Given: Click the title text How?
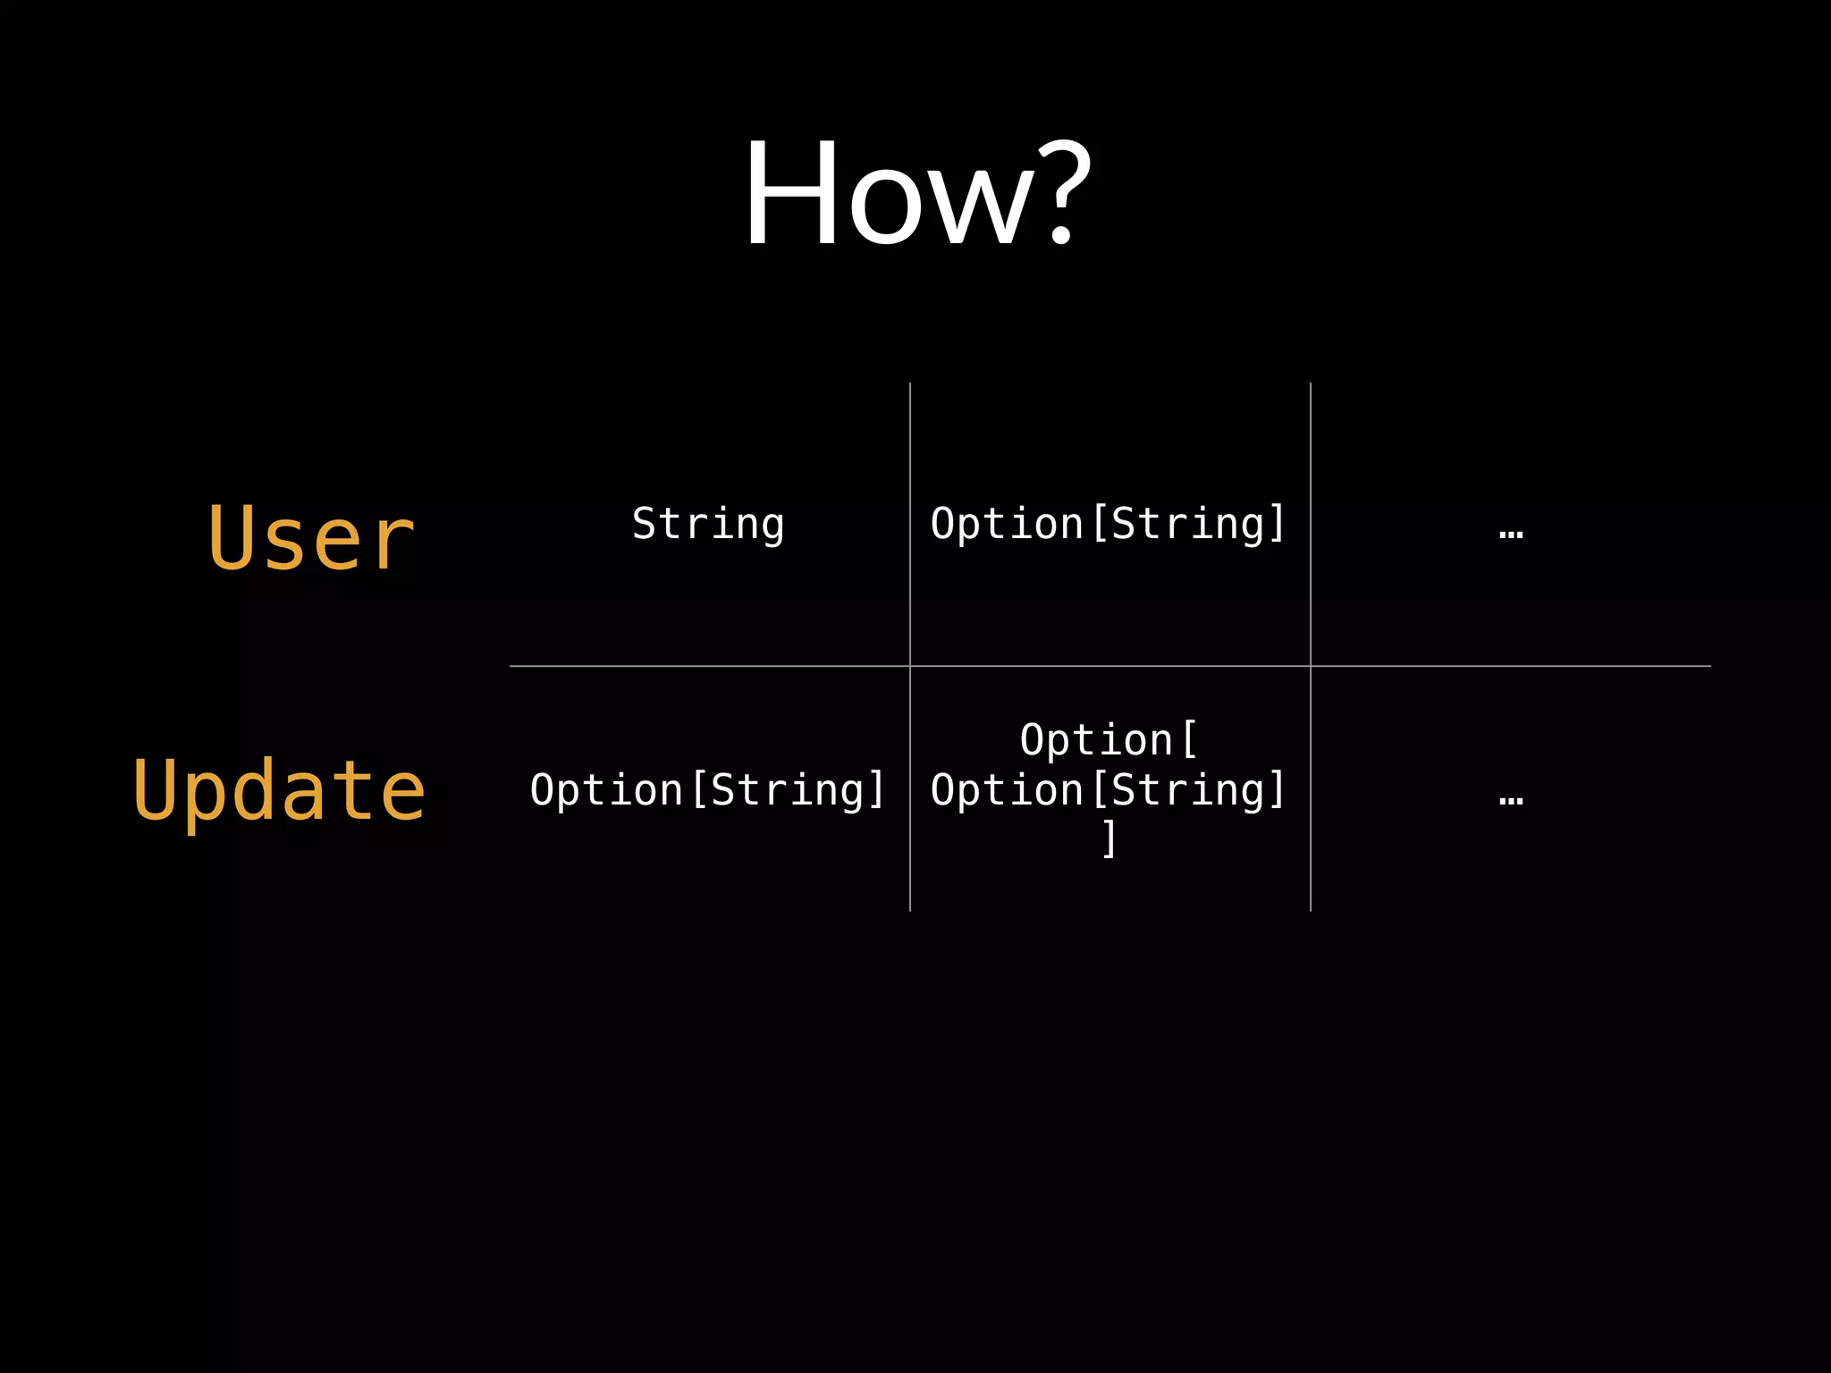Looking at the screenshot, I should pyautogui.click(x=917, y=192).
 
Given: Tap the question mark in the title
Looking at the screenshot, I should pyautogui.click(x=1060, y=192).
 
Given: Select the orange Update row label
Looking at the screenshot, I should pyautogui.click(x=279, y=790).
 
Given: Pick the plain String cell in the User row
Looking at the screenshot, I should pyautogui.click(x=708, y=524).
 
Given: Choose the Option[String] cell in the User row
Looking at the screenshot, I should pyautogui.click(x=1109, y=524).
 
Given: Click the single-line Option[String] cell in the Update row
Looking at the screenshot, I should pyautogui.click(x=708, y=790).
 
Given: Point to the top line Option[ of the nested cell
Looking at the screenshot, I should pyautogui.click(x=1109, y=740).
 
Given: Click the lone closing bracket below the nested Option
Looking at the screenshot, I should pyautogui.click(x=1109, y=838).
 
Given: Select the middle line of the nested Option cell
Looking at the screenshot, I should pyautogui.click(x=1109, y=790).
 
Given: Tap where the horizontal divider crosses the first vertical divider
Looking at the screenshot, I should pyautogui.click(x=910, y=666).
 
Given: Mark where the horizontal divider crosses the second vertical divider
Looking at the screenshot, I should pyautogui.click(x=1311, y=666).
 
